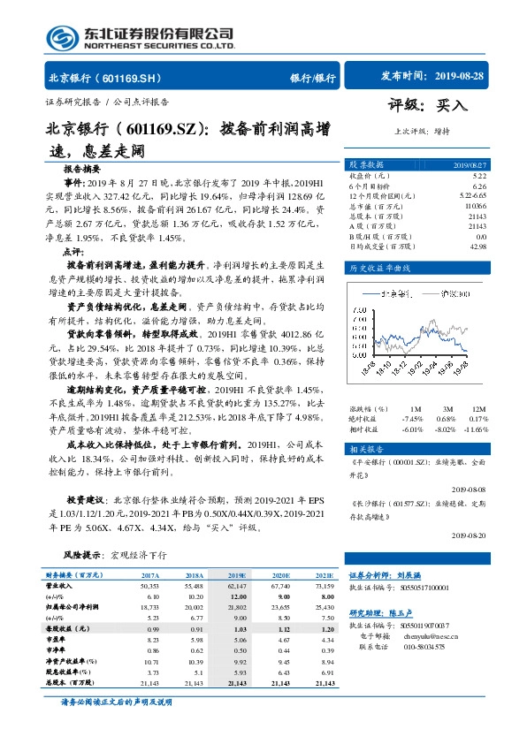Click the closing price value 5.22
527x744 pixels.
[479, 176]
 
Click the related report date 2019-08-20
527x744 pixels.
[469, 535]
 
